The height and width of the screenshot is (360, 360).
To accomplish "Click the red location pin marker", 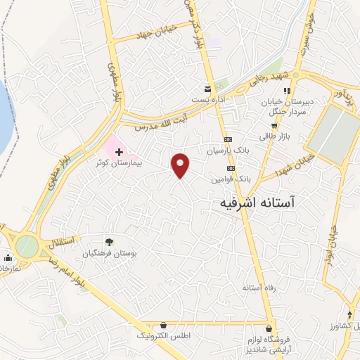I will coord(181,165).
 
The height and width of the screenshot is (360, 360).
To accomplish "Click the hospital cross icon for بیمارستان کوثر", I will coord(119,151).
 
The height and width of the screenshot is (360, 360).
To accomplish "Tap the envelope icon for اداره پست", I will coord(207,89).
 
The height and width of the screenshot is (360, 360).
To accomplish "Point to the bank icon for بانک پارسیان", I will coord(228,139).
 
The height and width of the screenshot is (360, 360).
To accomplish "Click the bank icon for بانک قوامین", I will coord(231,169).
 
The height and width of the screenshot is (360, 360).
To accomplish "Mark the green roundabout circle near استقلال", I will coord(27,246).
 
